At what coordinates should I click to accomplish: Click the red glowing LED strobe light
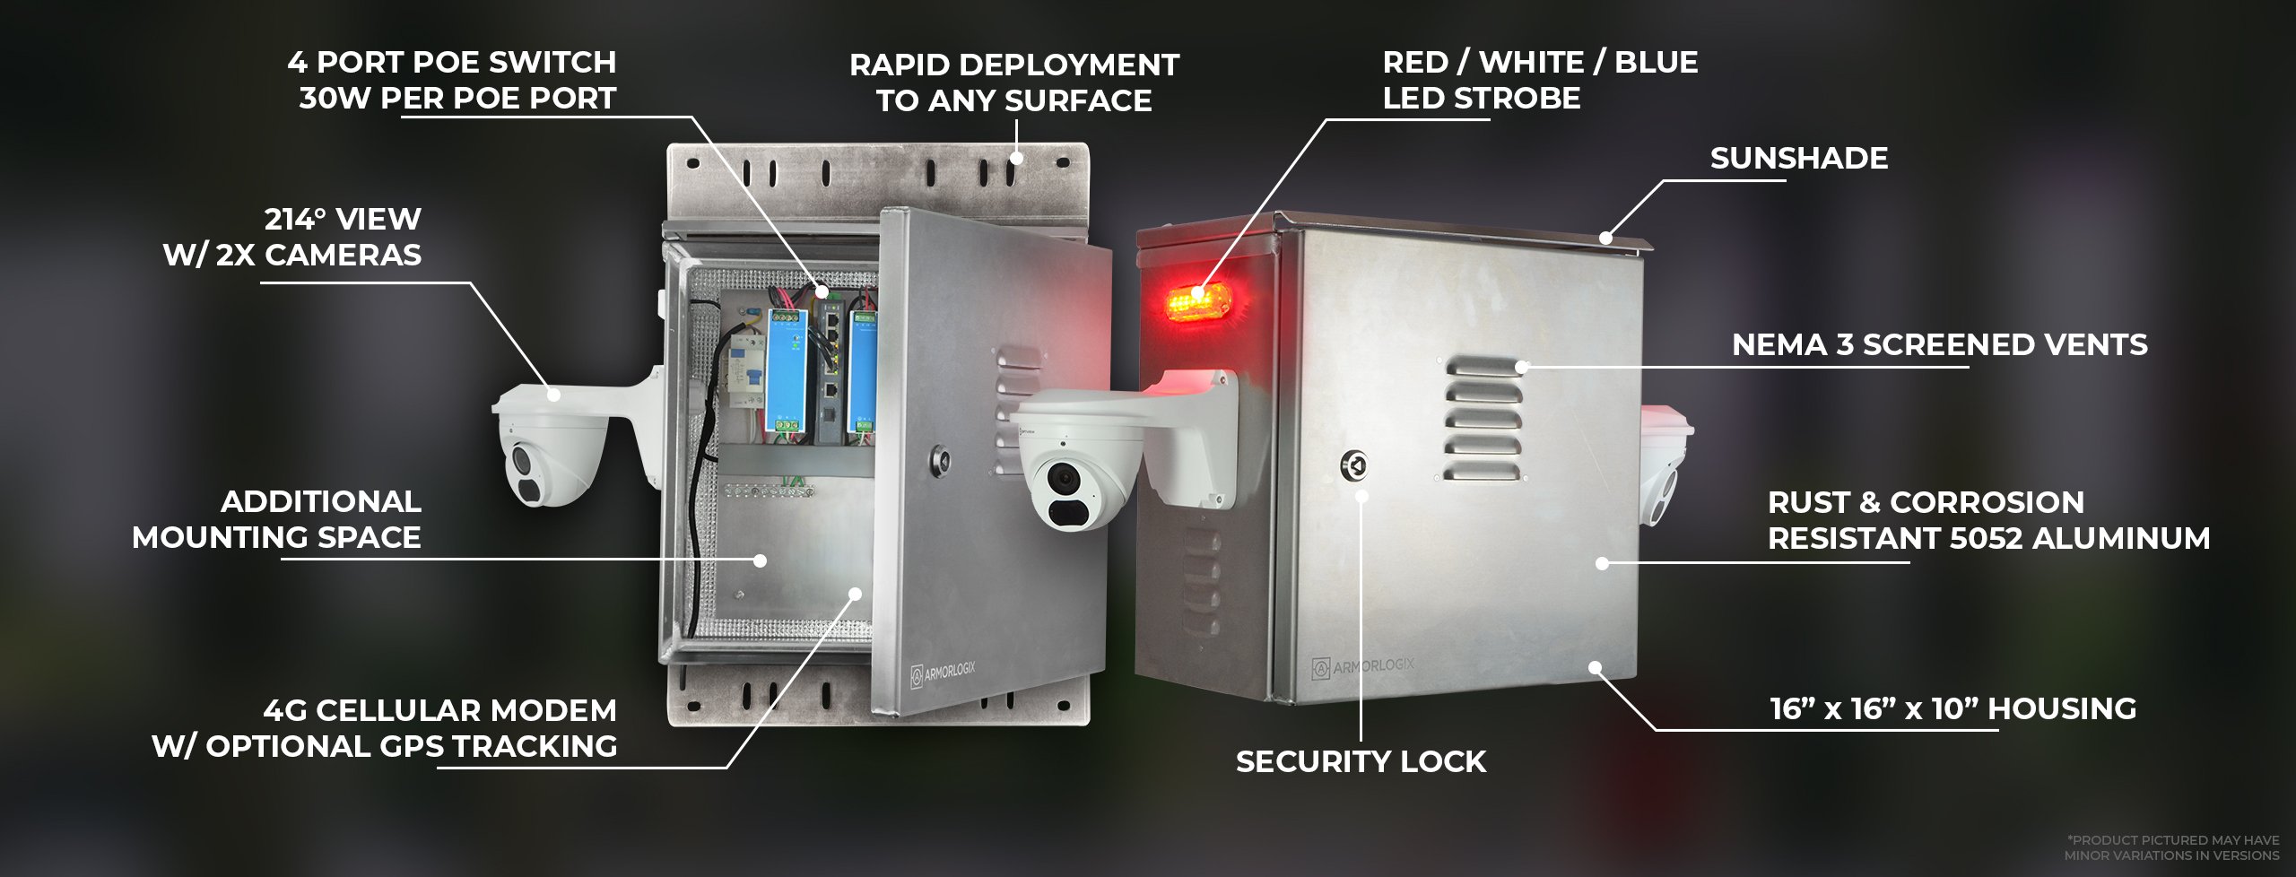[1197, 301]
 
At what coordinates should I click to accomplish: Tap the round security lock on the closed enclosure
[1353, 466]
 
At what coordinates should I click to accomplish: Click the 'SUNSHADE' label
[1798, 159]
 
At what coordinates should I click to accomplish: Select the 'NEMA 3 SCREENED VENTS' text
[1939, 345]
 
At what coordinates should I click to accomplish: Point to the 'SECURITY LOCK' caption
[1361, 762]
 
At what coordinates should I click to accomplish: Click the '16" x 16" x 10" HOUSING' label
[1952, 709]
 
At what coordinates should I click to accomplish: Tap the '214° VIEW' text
[343, 220]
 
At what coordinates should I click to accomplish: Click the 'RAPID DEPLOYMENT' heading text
[1013, 65]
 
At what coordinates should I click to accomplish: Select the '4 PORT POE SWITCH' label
[452, 63]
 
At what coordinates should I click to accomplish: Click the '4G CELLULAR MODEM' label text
[439, 711]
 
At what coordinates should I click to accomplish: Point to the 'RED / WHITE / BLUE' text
[1540, 63]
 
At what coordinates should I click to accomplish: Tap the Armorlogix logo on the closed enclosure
[1362, 666]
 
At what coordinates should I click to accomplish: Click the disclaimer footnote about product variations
[2171, 847]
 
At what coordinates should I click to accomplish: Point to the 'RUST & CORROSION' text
[1925, 503]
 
